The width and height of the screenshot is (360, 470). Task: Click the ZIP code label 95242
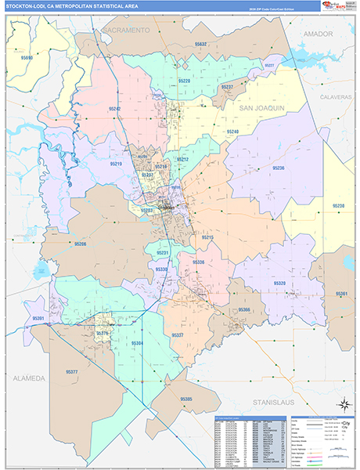click(115, 109)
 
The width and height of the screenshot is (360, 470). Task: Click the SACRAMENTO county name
click(125, 30)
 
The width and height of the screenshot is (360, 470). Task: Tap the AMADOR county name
click(318, 34)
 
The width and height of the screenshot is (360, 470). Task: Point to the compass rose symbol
click(342, 403)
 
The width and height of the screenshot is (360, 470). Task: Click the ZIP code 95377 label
click(71, 371)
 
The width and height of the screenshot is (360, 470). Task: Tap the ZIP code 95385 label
click(186, 399)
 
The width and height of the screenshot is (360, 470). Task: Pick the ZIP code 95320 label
click(279, 284)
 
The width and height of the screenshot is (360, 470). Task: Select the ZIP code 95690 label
click(27, 58)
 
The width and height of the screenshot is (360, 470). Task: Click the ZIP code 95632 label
click(201, 45)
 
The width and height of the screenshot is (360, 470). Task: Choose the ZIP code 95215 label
click(207, 237)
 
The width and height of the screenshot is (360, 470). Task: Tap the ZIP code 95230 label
click(339, 206)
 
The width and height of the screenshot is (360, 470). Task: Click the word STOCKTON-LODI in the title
click(25, 7)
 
